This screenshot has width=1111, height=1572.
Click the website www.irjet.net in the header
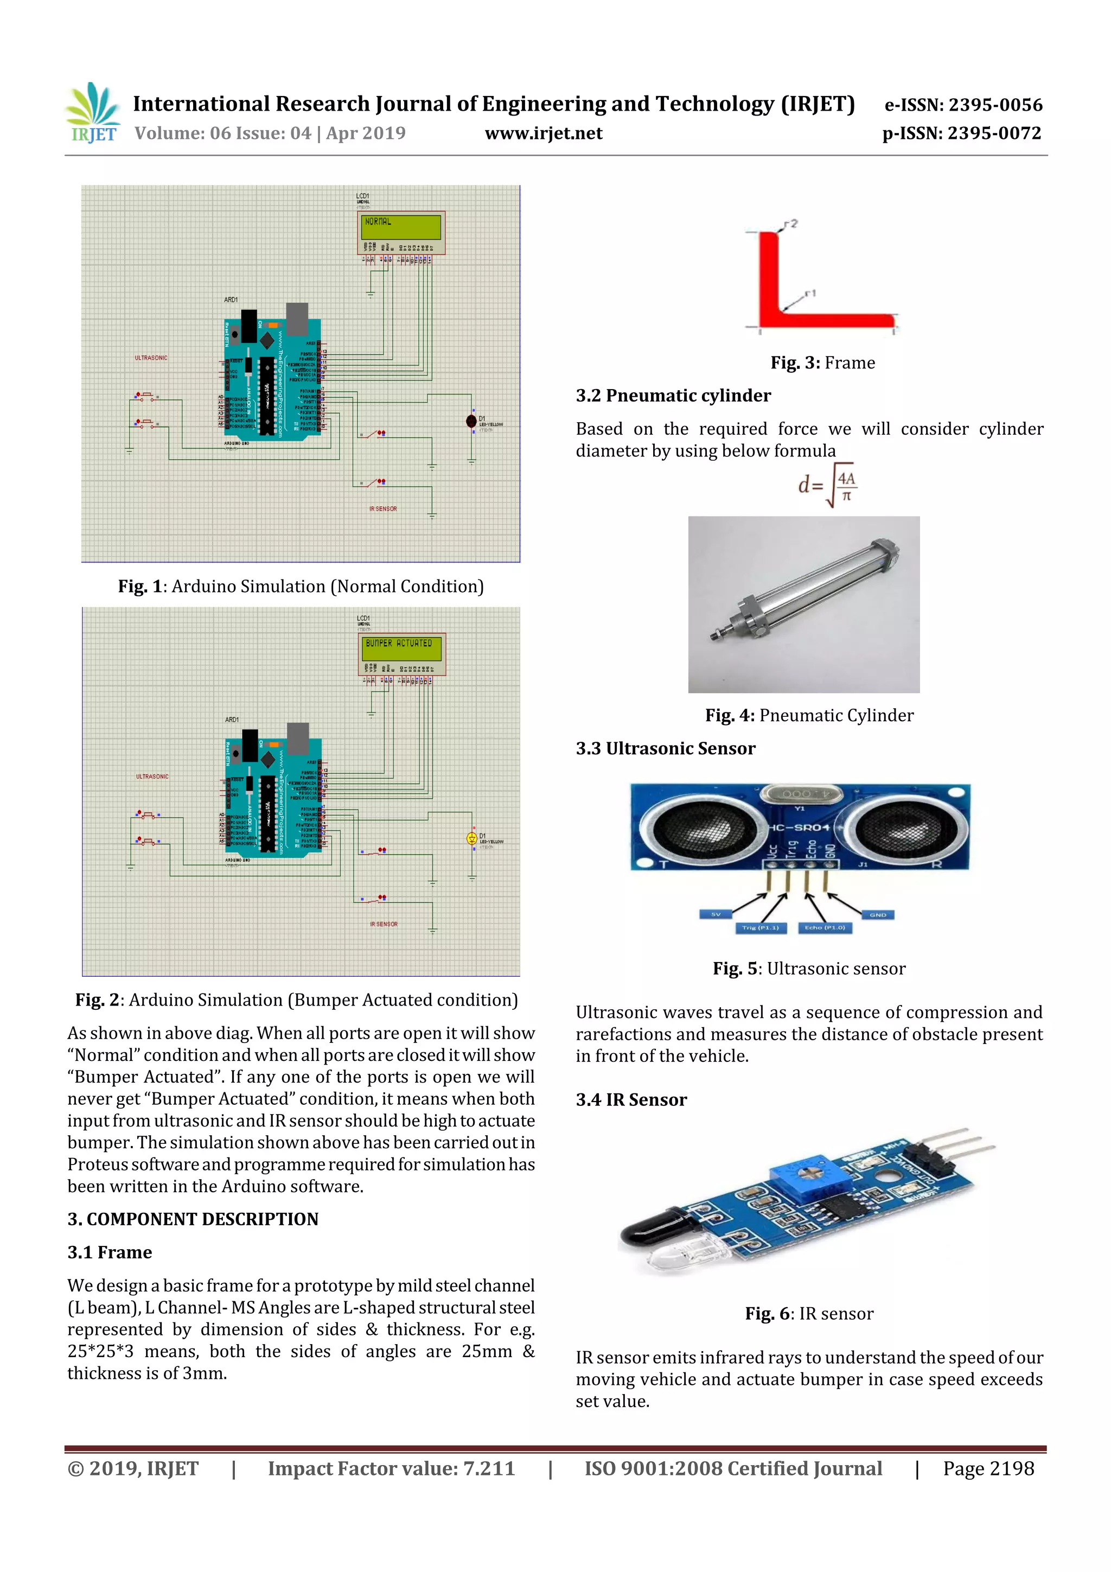click(544, 133)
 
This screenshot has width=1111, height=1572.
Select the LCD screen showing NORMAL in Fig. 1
click(401, 227)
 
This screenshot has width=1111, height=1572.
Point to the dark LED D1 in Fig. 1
click(471, 421)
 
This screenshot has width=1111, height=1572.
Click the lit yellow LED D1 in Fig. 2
click(471, 838)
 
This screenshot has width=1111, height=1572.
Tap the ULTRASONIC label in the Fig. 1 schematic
click(151, 358)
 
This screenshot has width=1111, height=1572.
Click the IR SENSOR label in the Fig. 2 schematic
click(384, 924)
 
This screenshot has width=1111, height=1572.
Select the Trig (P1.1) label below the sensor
click(760, 928)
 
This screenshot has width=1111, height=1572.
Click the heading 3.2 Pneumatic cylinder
click(673, 396)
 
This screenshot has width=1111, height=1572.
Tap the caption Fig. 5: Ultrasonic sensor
click(808, 969)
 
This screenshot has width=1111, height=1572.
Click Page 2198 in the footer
click(988, 1468)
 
